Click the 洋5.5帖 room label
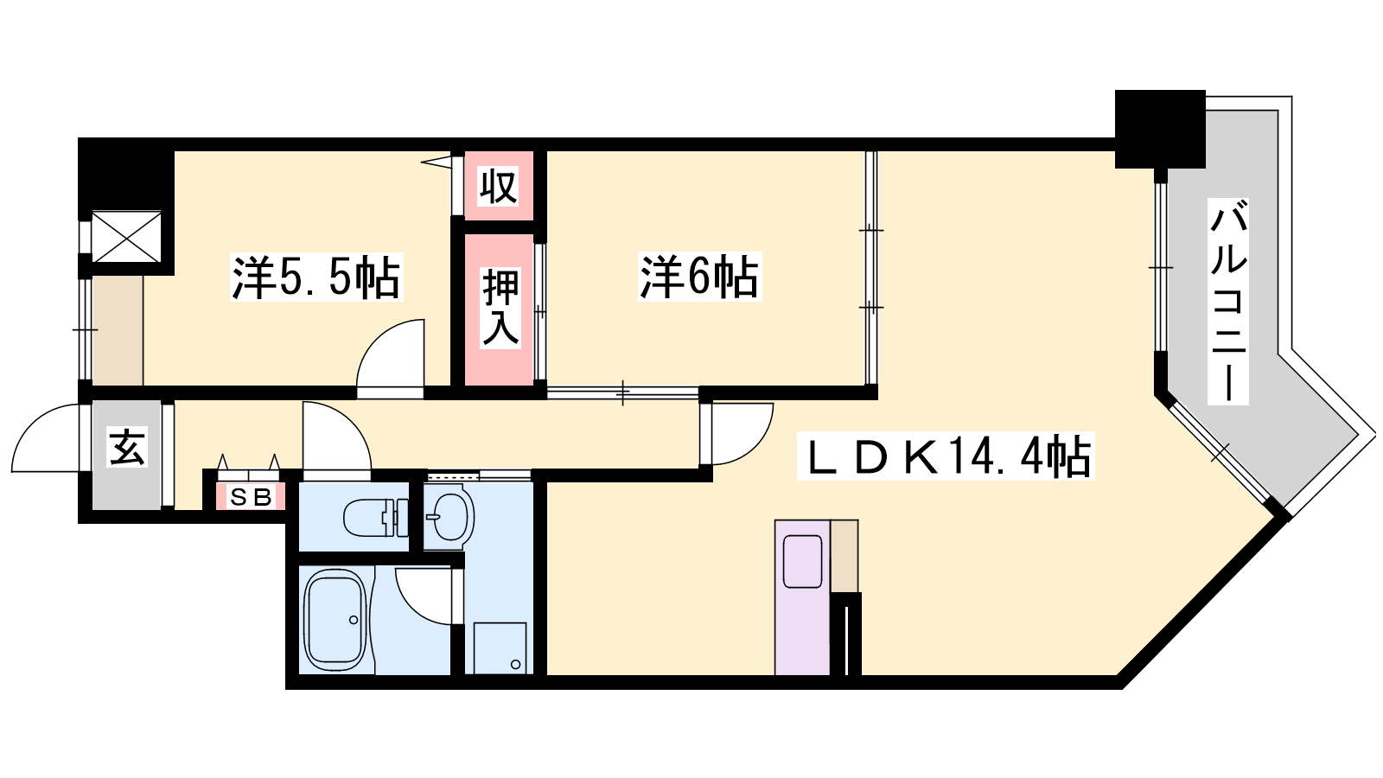pos(316,277)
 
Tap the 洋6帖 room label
pos(699,277)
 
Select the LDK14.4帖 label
pos(946,456)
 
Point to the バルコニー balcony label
pos(1228,302)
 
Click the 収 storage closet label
pos(498,187)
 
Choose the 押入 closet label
pos(500,307)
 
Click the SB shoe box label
pos(250,497)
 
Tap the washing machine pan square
pos(500,647)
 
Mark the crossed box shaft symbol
pos(126,237)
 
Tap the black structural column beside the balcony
pos(1160,129)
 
